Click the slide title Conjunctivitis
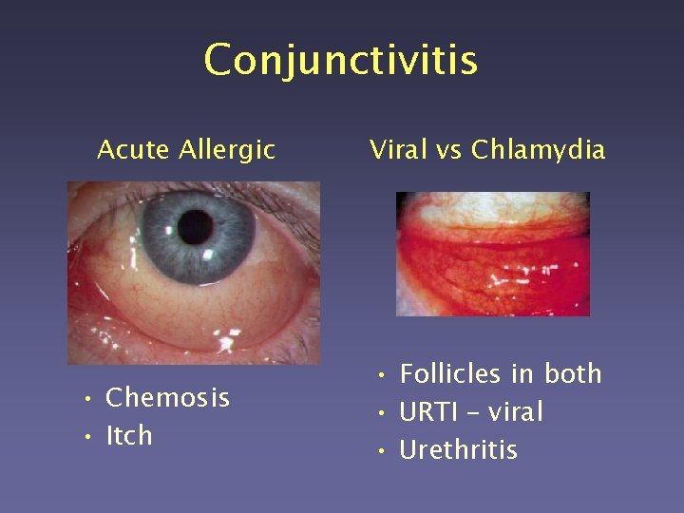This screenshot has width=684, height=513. coord(340,60)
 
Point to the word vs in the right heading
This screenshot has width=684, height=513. coord(448,149)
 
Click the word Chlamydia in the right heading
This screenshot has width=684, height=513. coord(538,149)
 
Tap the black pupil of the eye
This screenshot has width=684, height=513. coord(196,226)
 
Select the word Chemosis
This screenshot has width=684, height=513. coord(167,397)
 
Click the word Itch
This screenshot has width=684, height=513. coord(129,435)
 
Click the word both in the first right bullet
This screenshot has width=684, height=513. coord(574,374)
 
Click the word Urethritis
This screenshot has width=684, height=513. coord(459,449)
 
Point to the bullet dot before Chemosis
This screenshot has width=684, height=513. coord(86,399)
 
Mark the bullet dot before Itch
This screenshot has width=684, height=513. coord(86,437)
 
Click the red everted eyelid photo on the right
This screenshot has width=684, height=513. coord(492,254)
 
